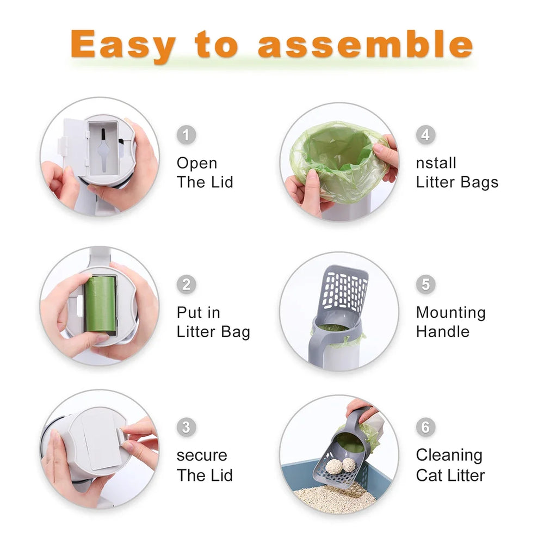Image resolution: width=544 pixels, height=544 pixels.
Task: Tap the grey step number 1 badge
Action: (x=186, y=134)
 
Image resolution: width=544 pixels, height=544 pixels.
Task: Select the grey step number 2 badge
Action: (x=186, y=284)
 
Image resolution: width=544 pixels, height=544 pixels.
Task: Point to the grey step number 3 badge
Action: (x=186, y=427)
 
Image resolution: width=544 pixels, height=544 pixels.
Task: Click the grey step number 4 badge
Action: (x=425, y=134)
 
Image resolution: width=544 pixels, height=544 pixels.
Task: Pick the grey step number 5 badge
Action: (x=425, y=284)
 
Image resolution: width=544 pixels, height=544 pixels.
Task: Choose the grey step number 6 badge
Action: (x=425, y=427)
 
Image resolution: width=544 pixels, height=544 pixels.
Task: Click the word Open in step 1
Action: (x=196, y=163)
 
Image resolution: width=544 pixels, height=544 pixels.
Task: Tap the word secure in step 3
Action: (x=201, y=455)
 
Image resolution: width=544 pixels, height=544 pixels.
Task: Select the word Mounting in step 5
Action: (x=450, y=313)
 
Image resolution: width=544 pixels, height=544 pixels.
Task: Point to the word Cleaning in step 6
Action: (x=449, y=455)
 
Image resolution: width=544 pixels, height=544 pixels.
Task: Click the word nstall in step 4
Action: (x=436, y=163)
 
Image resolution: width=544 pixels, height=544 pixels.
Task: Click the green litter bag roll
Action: (x=100, y=304)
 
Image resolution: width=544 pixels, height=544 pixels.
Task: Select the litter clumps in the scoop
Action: (x=341, y=465)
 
